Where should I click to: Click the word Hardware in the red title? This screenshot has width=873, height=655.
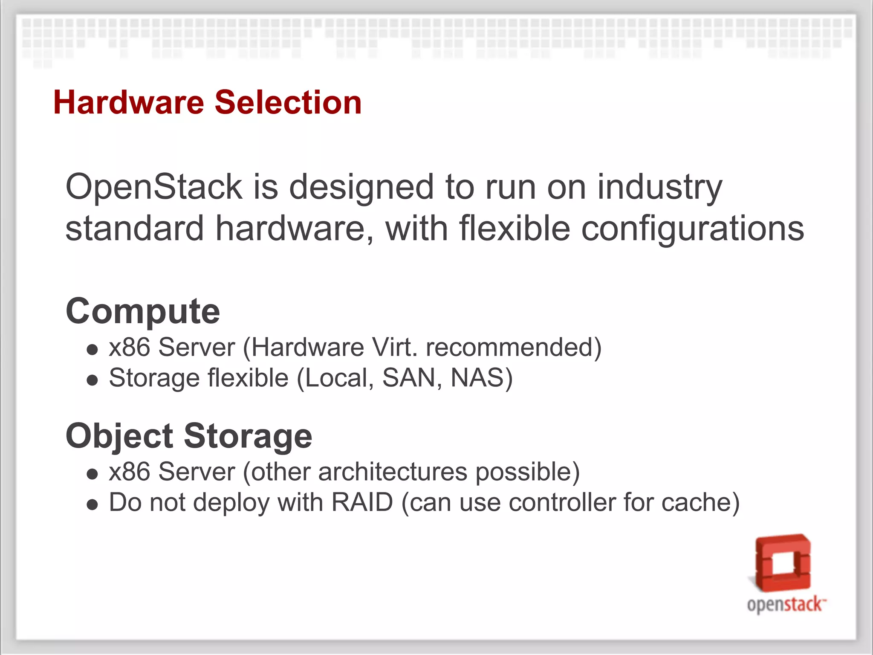coord(129,103)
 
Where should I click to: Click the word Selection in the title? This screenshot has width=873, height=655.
coord(288,103)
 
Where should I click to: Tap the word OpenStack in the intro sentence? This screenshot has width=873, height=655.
coord(154,187)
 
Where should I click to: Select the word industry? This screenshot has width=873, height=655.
coord(659,187)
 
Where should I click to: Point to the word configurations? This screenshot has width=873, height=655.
coord(692,229)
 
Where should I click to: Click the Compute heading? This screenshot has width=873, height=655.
coord(143,312)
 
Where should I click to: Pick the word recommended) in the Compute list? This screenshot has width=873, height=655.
coord(514,347)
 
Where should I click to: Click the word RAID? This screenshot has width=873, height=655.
coord(362,502)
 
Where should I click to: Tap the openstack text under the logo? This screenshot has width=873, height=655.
coord(786,605)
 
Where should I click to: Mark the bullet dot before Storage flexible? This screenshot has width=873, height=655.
coord(92,380)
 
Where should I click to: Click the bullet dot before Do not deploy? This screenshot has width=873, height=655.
coord(92,504)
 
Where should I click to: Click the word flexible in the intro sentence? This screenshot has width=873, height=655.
coord(515,229)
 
